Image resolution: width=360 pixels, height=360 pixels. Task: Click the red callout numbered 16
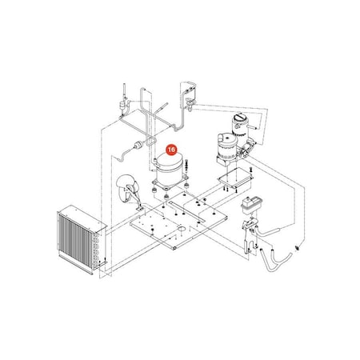pos(171,150)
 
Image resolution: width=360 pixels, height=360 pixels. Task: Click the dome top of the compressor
pos(170,160)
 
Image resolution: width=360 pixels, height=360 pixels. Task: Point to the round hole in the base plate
pos(182,229)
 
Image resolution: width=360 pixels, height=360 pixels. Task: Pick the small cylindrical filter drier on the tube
pos(138,145)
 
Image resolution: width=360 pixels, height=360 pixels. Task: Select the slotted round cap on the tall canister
pos(239,118)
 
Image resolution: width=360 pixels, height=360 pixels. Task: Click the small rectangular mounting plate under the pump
pos(235,178)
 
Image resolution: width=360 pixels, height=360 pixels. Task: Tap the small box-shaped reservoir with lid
pos(251,204)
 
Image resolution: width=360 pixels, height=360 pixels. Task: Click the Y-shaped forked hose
pos(275,258)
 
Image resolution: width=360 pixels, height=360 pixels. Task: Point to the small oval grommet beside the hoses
pos(298,249)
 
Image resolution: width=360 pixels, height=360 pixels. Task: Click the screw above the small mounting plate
pos(250,170)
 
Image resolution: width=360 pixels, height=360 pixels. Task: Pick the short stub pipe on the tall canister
pos(254,127)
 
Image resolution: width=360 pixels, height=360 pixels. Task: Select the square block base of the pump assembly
pos(226,161)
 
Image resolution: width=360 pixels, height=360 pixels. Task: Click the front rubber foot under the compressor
pos(166,197)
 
